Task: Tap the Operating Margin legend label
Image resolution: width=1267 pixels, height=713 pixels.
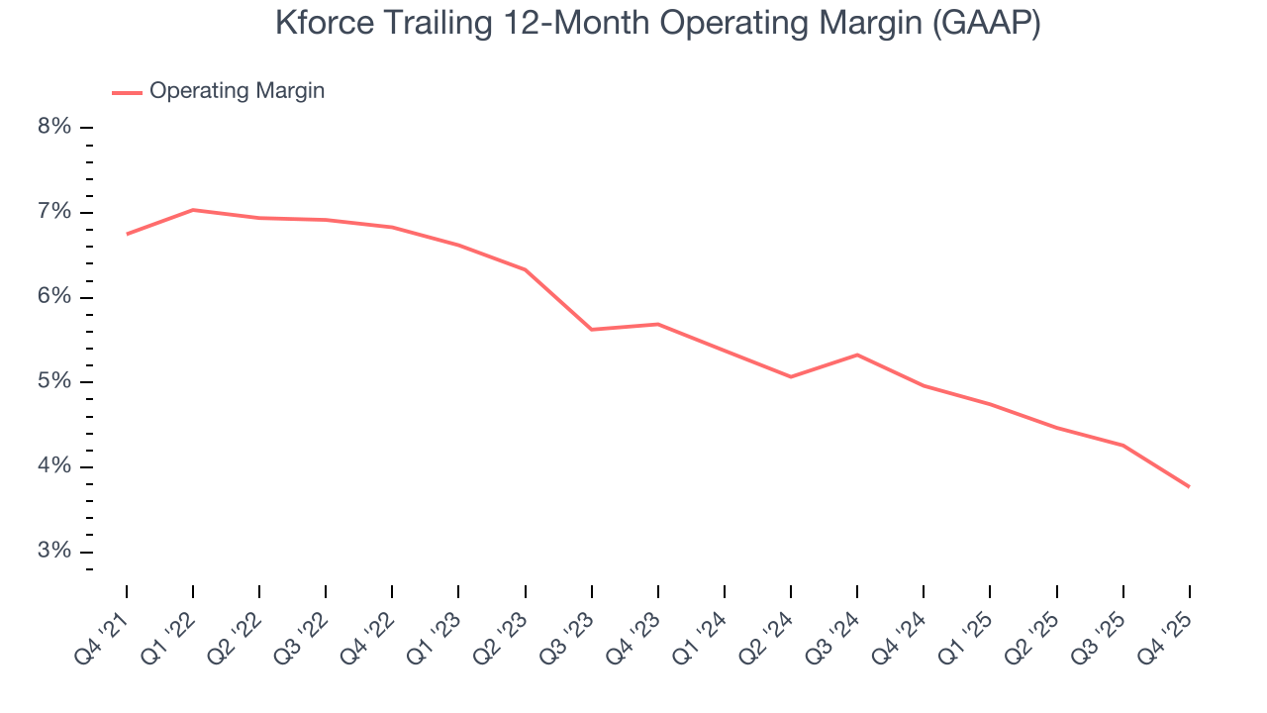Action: (237, 91)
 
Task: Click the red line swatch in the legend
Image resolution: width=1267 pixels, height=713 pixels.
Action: (127, 92)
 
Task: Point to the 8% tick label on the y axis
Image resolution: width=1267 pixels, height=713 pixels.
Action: (55, 127)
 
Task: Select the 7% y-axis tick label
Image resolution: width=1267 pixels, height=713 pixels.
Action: (55, 212)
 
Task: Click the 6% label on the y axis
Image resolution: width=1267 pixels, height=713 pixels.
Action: (55, 297)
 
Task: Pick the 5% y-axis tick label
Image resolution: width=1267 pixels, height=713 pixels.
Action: (55, 381)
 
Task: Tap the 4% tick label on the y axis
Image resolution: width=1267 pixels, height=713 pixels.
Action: (55, 466)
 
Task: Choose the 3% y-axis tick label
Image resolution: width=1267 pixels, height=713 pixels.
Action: (55, 552)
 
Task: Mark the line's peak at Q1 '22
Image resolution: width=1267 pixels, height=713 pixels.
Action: (193, 210)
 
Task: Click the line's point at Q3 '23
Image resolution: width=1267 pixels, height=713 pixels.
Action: (592, 329)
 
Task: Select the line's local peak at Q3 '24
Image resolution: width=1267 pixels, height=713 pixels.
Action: (857, 355)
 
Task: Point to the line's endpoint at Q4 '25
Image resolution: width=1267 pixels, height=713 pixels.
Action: (1189, 486)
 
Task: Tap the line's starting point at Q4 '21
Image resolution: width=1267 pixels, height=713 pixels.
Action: (127, 234)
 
